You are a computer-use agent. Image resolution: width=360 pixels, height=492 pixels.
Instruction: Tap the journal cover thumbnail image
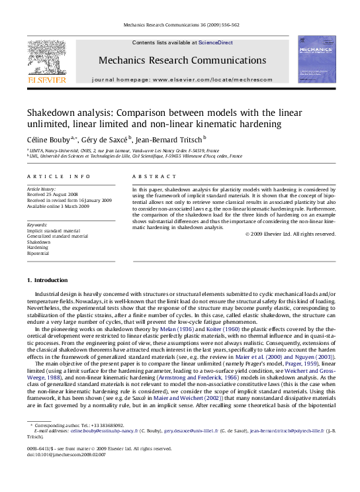(316, 60)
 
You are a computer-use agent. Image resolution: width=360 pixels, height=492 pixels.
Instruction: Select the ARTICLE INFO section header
(58, 176)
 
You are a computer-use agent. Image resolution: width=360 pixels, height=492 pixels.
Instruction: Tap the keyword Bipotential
(38, 253)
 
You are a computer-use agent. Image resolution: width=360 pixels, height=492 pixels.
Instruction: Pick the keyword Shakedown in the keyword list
(38, 242)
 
